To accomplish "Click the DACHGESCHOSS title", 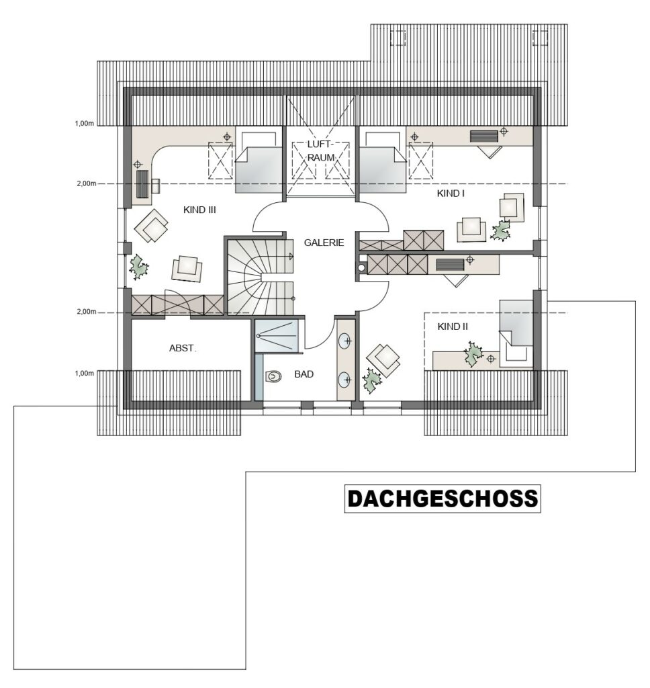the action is click(x=443, y=499).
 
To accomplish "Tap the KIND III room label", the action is click(x=199, y=210).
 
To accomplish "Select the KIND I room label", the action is click(x=451, y=193).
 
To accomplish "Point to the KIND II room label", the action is click(x=453, y=327).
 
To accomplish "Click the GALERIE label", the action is click(x=324, y=243).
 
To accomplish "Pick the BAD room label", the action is click(x=304, y=374).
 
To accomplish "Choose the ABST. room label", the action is click(x=183, y=349).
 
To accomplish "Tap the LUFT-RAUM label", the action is click(x=321, y=151).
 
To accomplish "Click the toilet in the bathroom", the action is click(x=273, y=377).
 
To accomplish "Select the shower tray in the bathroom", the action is click(x=277, y=336).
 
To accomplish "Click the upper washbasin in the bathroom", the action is click(x=346, y=341).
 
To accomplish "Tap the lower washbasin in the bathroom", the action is click(x=346, y=379).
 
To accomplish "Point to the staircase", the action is click(x=260, y=277).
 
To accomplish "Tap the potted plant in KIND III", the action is click(x=139, y=266).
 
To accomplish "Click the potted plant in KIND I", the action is click(x=500, y=230).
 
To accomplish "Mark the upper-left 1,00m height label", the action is click(x=84, y=124).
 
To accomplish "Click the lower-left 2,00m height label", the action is click(x=87, y=312).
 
